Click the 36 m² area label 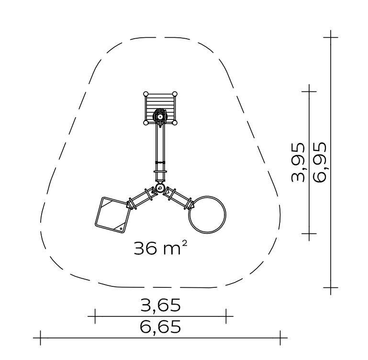[160, 248]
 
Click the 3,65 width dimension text [160, 305]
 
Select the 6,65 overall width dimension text [160, 327]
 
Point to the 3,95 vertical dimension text [298, 162]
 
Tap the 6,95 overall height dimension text [319, 162]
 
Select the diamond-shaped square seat [113, 215]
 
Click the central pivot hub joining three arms [160, 187]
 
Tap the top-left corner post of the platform [146, 94]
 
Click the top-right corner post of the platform [174, 94]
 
